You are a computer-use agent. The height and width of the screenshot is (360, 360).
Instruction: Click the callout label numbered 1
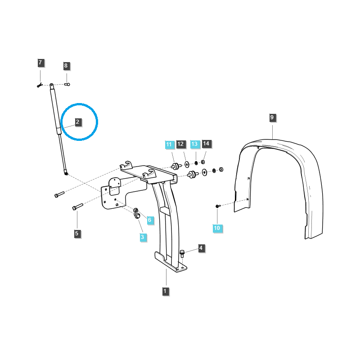click(165, 291)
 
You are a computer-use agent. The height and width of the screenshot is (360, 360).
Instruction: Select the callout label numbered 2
click(77, 122)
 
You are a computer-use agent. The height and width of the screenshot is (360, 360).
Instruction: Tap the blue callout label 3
click(142, 237)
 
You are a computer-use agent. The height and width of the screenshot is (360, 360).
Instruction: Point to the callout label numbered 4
click(201, 248)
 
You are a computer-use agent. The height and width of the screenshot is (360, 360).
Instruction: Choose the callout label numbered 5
click(76, 234)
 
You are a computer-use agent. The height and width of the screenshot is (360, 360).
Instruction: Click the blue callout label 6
click(150, 220)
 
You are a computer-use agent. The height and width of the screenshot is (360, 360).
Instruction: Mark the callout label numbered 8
click(66, 66)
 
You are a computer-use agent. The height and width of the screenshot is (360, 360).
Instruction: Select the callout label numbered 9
click(272, 117)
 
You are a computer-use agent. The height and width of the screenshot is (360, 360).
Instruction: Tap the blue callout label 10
click(217, 228)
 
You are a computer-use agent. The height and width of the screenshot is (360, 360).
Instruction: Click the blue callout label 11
click(169, 144)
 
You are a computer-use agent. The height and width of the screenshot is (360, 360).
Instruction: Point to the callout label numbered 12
click(180, 144)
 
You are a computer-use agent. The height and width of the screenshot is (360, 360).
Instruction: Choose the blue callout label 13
click(194, 144)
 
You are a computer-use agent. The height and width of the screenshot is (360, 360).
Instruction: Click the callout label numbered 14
click(206, 144)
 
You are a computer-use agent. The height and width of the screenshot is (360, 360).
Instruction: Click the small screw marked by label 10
click(217, 206)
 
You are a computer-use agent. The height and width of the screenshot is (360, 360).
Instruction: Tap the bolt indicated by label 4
click(182, 253)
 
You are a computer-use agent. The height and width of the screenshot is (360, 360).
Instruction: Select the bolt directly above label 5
click(77, 207)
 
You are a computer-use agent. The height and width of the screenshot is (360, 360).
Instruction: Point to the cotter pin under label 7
click(40, 85)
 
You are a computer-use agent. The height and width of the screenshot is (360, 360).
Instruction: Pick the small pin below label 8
click(67, 83)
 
